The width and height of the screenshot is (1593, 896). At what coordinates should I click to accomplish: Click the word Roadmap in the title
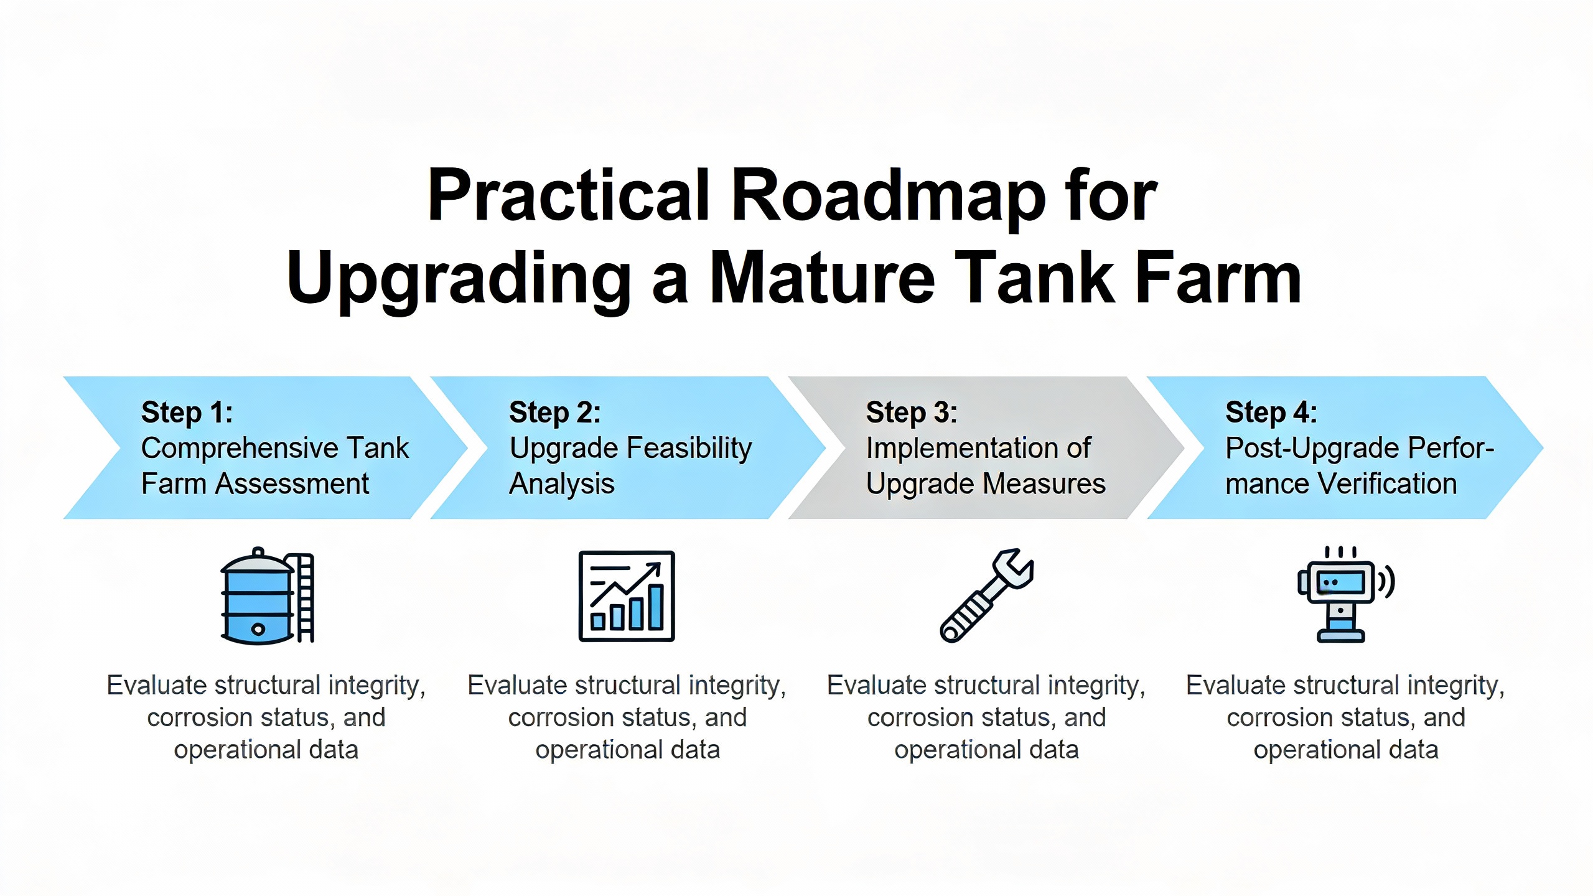pyautogui.click(x=888, y=195)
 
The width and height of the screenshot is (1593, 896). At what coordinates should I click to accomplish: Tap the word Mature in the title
pyautogui.click(x=823, y=278)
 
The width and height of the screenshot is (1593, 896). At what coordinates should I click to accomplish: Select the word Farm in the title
pyautogui.click(x=1218, y=278)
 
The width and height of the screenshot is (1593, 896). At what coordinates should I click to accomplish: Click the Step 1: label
pyautogui.click(x=187, y=413)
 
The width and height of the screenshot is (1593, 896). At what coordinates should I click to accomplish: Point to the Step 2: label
pyautogui.click(x=555, y=413)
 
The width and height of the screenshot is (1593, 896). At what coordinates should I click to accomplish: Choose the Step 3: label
pyautogui.click(x=912, y=413)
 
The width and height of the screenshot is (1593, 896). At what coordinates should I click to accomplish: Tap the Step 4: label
pyautogui.click(x=1271, y=413)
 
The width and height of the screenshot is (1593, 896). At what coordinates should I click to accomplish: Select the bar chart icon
pyautogui.click(x=627, y=596)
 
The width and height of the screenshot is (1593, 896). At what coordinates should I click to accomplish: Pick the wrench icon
pyautogui.click(x=986, y=596)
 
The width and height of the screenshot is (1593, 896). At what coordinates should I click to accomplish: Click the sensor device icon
pyautogui.click(x=1345, y=595)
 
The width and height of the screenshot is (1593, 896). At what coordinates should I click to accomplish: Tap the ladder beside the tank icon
pyautogui.click(x=305, y=597)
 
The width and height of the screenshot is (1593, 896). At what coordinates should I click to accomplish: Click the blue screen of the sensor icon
pyautogui.click(x=1342, y=582)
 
